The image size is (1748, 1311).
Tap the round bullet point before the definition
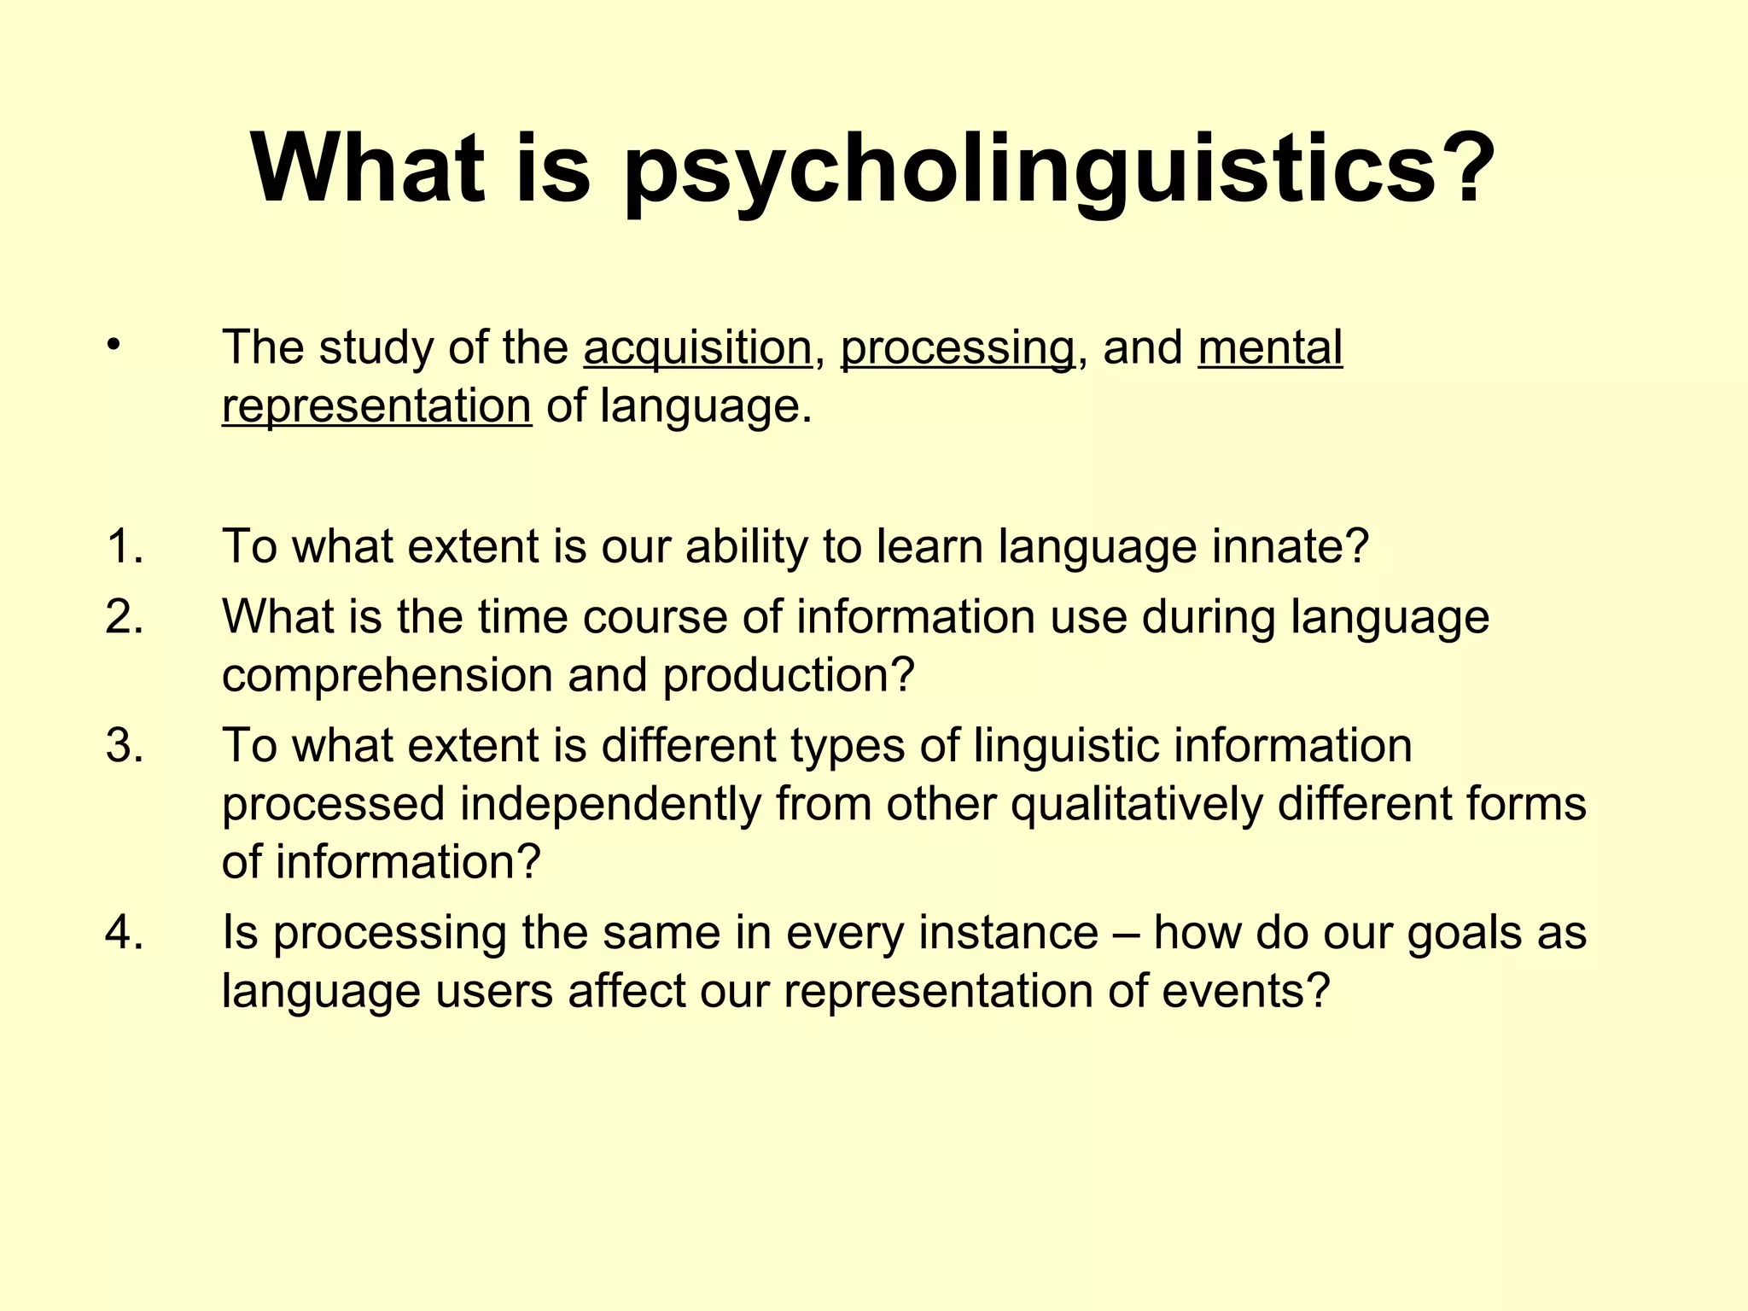tap(113, 346)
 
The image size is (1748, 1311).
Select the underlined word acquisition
tap(697, 348)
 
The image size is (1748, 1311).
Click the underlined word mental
tap(1270, 348)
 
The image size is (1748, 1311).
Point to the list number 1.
tap(125, 546)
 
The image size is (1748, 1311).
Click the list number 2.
tap(125, 616)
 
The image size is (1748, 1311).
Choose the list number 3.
tap(125, 745)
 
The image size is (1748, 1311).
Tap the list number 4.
tap(125, 932)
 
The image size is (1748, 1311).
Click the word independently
tap(610, 805)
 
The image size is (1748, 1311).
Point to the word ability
tap(746, 546)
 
